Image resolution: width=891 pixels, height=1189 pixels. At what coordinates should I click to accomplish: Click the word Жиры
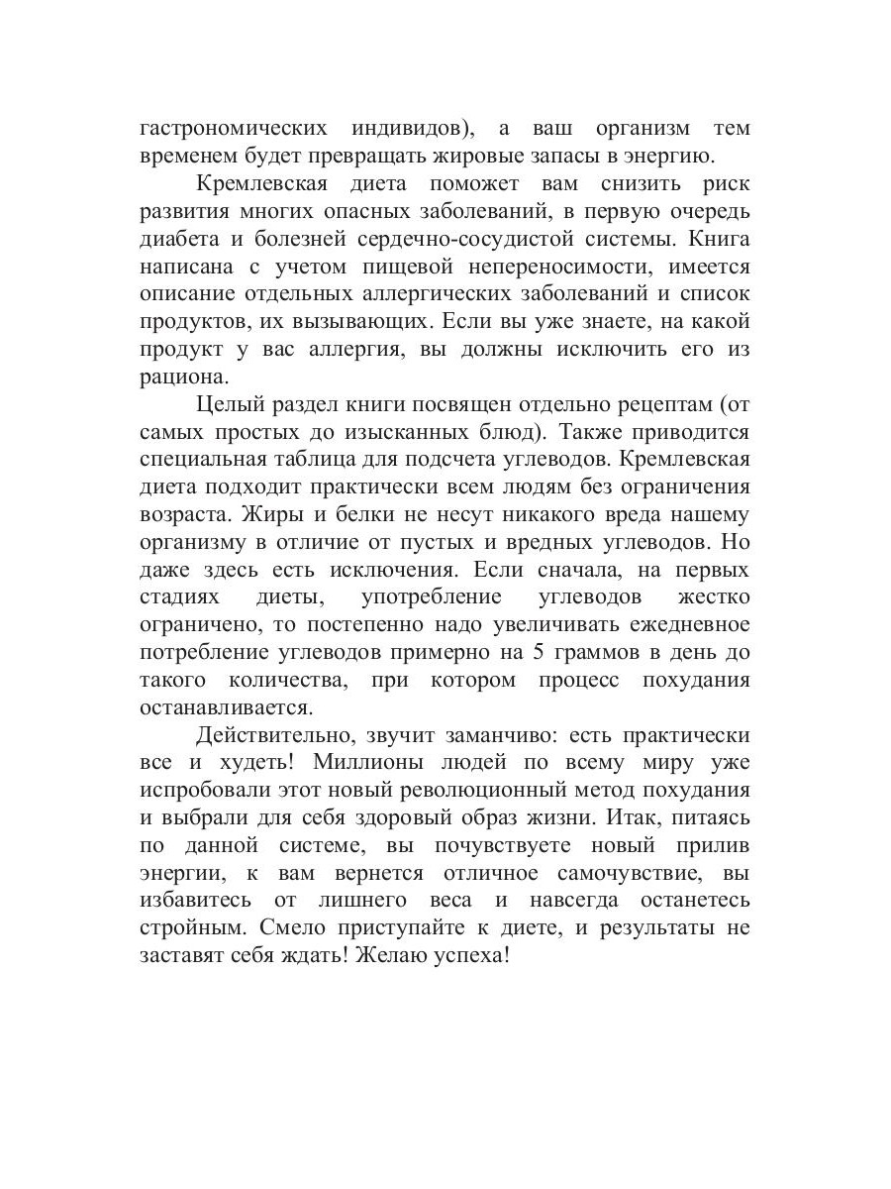coord(249,514)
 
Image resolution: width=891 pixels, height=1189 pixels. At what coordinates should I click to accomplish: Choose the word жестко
coord(713,597)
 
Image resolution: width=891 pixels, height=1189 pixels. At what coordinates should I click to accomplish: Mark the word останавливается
coord(225,707)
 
